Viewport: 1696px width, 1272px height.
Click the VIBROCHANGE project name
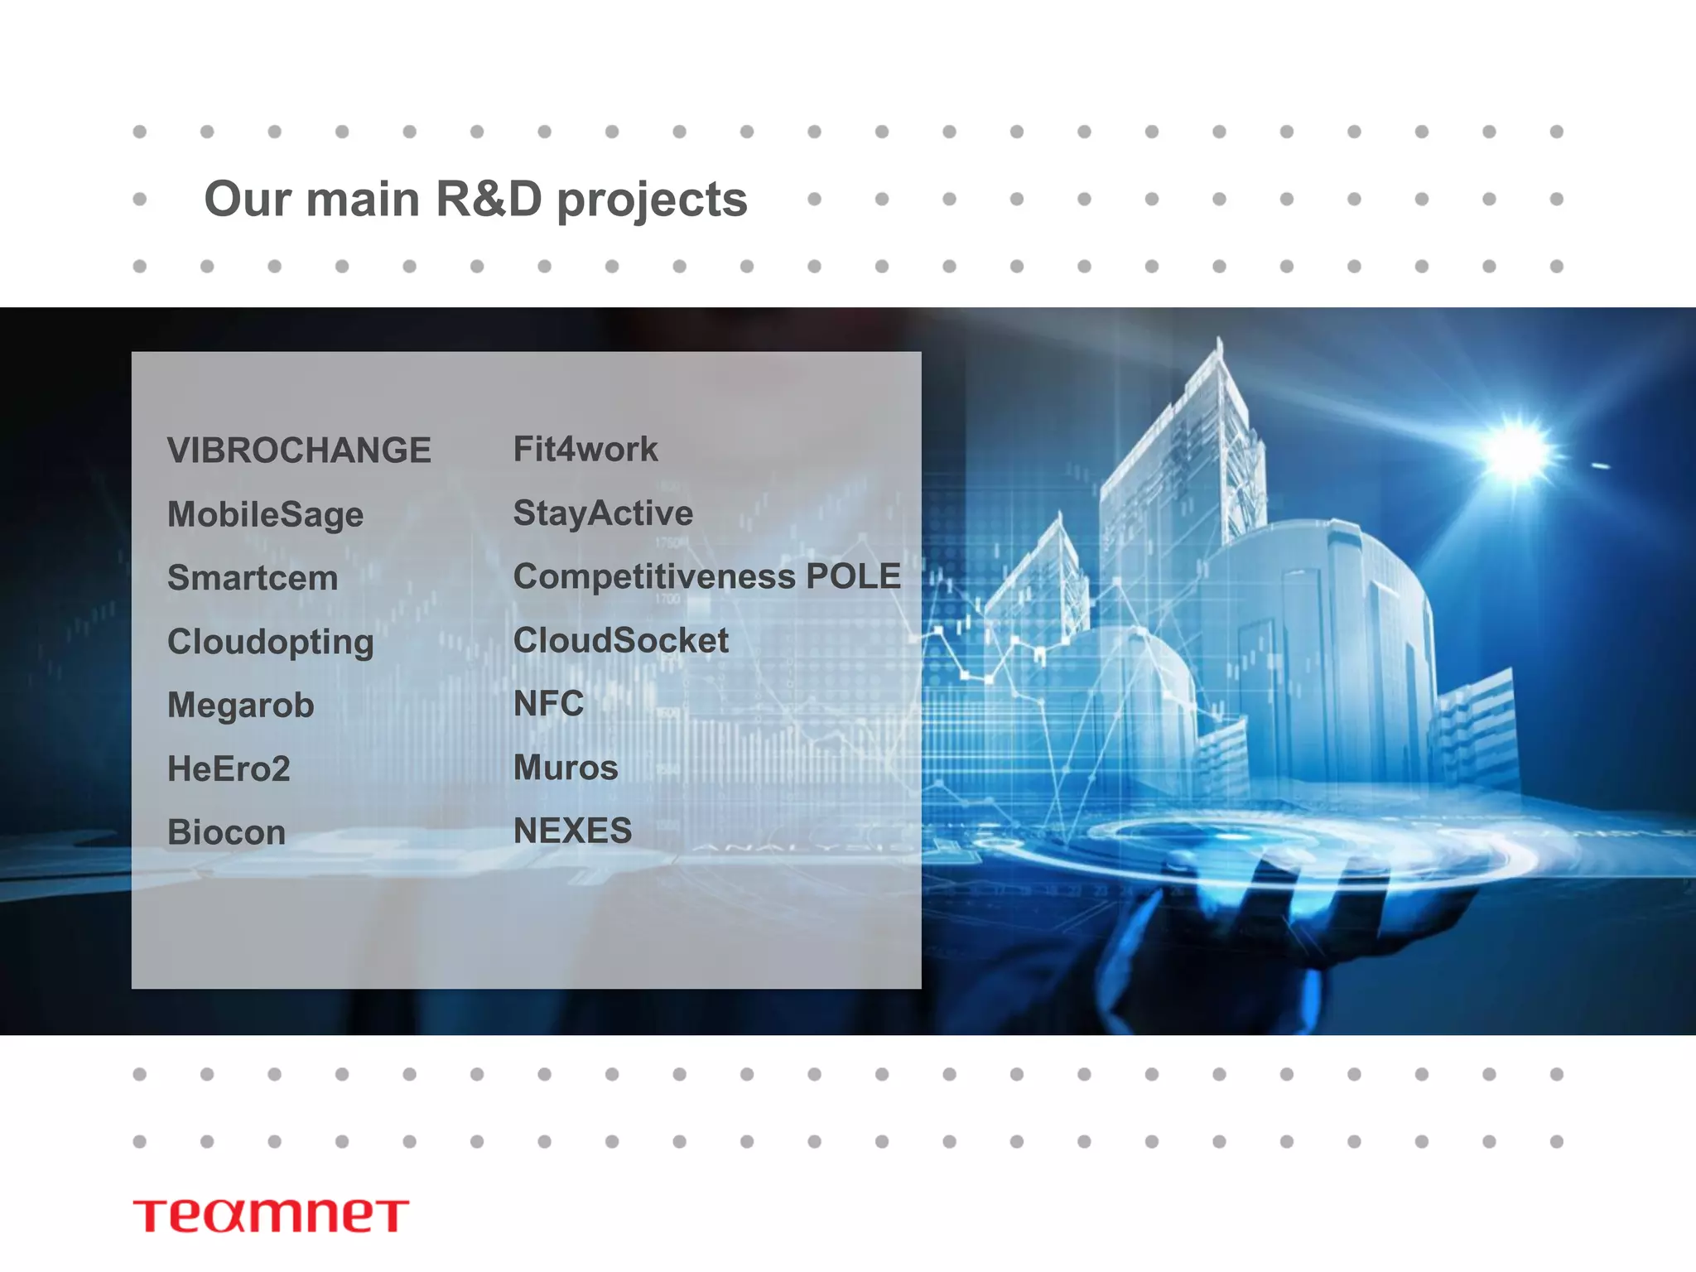[299, 450]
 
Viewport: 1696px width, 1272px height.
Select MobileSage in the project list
[265, 514]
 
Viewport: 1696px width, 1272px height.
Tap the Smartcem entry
[253, 578]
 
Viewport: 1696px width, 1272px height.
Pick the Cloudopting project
[270, 642]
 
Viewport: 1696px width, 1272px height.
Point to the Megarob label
[240, 706]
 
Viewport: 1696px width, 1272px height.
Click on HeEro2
[229, 768]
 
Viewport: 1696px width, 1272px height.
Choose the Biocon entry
[226, 832]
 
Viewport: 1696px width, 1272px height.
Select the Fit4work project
[585, 449]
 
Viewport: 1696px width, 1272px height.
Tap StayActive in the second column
[603, 513]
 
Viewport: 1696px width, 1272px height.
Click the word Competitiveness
[653, 577]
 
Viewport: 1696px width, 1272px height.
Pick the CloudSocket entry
[621, 640]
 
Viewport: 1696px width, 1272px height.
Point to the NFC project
[548, 704]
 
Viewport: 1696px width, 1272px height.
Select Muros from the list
[566, 768]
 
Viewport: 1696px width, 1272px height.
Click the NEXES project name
[572, 831]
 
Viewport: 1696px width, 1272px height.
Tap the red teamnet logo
[271, 1215]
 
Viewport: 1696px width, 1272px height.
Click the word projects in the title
[652, 200]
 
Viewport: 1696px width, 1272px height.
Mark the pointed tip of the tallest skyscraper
[1218, 339]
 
